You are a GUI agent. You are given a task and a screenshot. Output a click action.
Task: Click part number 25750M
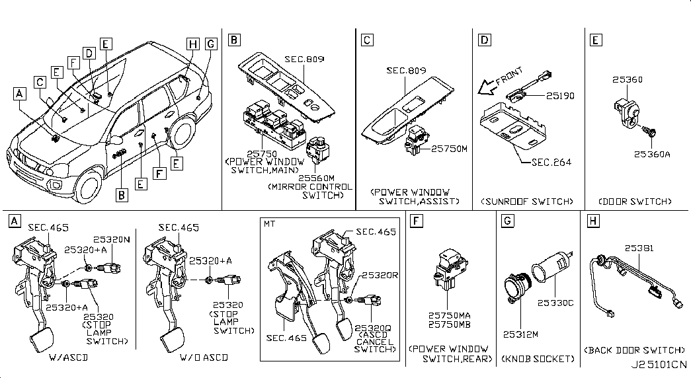point(449,149)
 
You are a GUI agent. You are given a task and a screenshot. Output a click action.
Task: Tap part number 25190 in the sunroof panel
point(560,96)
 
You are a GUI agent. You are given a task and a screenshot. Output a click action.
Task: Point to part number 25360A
point(652,154)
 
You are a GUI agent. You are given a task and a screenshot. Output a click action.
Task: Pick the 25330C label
point(559,303)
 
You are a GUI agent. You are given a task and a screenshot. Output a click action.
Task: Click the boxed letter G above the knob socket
point(507,221)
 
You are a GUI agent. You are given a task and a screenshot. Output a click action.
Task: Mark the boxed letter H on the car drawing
point(192,44)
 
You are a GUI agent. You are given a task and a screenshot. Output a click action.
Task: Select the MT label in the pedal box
point(270,224)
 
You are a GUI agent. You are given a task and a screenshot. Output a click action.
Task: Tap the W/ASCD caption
point(69,358)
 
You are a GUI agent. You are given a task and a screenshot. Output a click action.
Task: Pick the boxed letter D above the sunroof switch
point(485,41)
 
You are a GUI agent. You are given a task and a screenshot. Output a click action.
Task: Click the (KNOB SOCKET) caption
point(537,359)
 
